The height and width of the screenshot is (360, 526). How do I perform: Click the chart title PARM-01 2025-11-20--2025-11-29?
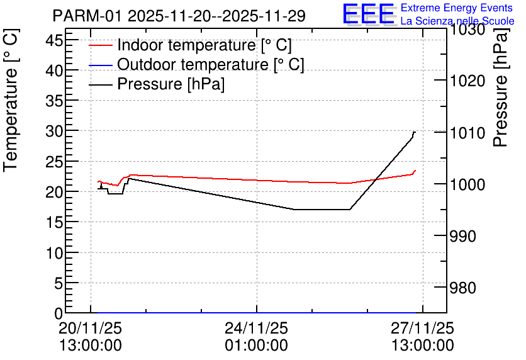(x=179, y=16)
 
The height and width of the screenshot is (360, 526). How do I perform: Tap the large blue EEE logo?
(x=369, y=14)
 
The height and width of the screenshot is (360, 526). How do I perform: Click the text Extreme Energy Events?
(x=456, y=8)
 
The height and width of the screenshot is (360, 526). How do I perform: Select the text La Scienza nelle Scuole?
(x=457, y=21)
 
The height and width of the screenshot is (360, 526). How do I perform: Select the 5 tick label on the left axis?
(x=57, y=283)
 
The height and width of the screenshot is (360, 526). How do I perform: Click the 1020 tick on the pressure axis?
(x=467, y=81)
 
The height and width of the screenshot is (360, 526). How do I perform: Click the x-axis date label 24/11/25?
(x=256, y=328)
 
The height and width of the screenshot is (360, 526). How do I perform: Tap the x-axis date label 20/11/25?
(x=91, y=328)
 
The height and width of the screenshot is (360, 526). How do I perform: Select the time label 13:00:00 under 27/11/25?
(x=422, y=345)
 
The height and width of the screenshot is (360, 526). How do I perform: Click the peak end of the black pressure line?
(x=415, y=132)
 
